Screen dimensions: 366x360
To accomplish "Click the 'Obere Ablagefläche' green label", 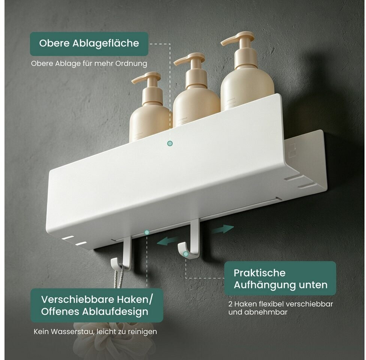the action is (x=89, y=43).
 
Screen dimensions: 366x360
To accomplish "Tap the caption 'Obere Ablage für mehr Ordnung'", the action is (x=89, y=63).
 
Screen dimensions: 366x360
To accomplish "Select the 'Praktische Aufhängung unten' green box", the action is (x=280, y=279).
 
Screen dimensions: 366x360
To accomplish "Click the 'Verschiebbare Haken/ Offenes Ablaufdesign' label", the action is (x=97, y=305).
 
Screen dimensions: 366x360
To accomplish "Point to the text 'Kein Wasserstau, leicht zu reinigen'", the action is (x=95, y=331).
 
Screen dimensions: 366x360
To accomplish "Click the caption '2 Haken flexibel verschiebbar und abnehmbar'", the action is (x=280, y=308).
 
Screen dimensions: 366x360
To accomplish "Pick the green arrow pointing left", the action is (x=168, y=241).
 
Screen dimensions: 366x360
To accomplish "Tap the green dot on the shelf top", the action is (x=170, y=143).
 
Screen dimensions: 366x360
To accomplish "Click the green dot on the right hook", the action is (x=186, y=254).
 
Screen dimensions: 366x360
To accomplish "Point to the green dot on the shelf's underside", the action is (x=147, y=232).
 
